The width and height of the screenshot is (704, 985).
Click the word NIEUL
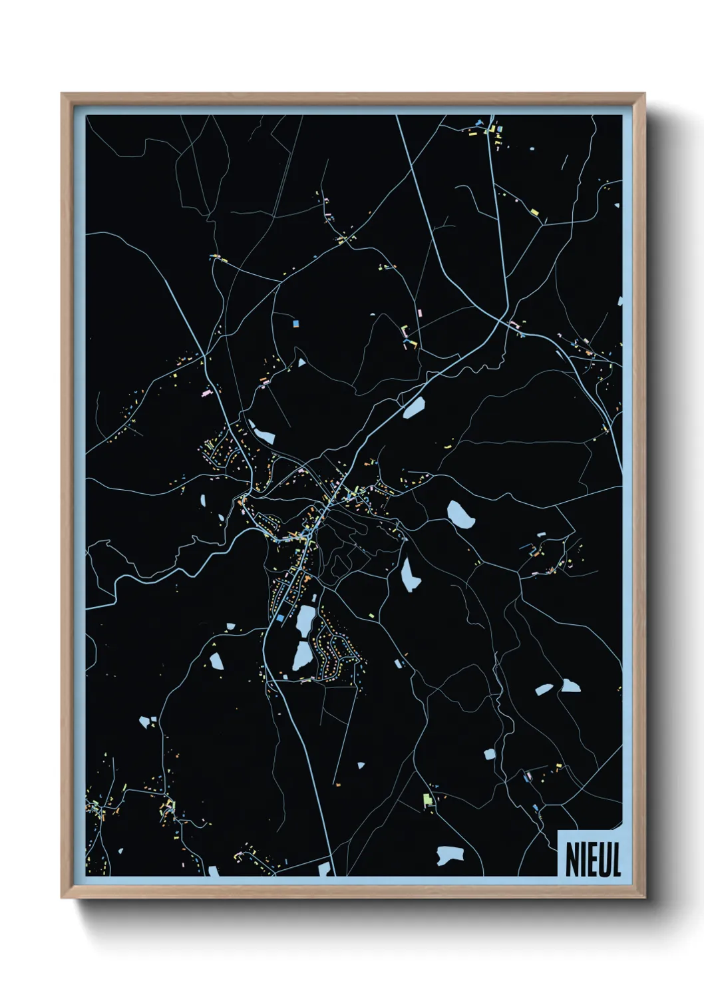(592, 859)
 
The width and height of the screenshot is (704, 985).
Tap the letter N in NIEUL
(571, 859)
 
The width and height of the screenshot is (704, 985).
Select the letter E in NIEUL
(591, 859)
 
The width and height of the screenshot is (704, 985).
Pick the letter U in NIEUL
(603, 859)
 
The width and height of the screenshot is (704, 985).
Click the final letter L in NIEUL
(616, 859)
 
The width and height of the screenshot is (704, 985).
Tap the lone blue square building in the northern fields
(295, 323)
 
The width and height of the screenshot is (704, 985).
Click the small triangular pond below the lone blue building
(301, 363)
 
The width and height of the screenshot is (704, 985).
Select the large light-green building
(428, 799)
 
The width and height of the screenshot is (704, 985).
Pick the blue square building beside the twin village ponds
(280, 619)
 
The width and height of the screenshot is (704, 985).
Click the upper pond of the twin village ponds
(305, 620)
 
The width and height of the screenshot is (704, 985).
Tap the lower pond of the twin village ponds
(301, 656)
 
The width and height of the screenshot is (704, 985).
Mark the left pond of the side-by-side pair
(544, 690)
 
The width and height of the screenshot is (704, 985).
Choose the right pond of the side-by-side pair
(570, 686)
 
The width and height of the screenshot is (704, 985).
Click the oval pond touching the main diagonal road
(414, 407)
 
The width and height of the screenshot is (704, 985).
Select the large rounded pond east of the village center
(460, 514)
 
